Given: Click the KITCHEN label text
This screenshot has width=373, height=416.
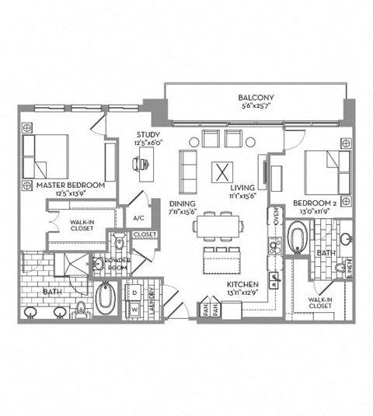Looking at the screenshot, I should pyautogui.click(x=242, y=285).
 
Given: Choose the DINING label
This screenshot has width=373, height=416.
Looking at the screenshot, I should pyautogui.click(x=182, y=203).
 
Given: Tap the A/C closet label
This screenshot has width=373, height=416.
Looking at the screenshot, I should pyautogui.click(x=141, y=218).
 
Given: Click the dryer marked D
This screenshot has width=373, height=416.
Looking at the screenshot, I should pyautogui.click(x=134, y=292).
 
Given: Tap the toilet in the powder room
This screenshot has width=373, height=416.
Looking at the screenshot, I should pyautogui.click(x=119, y=243).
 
